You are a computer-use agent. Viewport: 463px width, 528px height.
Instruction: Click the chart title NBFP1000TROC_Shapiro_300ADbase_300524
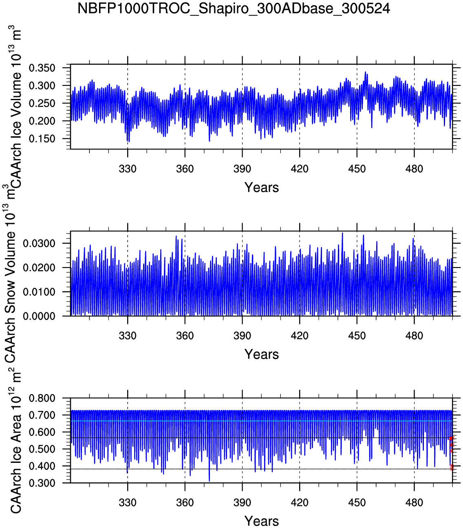pyautogui.click(x=234, y=9)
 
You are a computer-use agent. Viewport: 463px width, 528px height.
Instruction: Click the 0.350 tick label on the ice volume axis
pyautogui.click(x=42, y=68)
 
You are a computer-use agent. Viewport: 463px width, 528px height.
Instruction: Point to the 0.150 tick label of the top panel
pyautogui.click(x=42, y=139)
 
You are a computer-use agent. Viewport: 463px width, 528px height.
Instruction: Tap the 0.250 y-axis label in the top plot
pyautogui.click(x=42, y=103)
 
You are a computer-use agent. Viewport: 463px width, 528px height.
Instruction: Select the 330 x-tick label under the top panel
pyautogui.click(x=128, y=169)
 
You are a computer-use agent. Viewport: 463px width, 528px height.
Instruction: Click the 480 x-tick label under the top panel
pyautogui.click(x=414, y=169)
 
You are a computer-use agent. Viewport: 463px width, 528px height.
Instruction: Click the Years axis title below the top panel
pyautogui.click(x=262, y=188)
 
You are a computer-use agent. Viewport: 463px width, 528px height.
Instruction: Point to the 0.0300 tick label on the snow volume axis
pyautogui.click(x=39, y=243)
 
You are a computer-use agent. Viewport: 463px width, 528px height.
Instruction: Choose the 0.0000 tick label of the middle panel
pyautogui.click(x=39, y=316)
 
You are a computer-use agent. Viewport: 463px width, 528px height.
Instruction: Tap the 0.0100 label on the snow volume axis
pyautogui.click(x=39, y=292)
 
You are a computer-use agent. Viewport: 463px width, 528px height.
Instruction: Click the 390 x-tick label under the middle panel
pyautogui.click(x=242, y=336)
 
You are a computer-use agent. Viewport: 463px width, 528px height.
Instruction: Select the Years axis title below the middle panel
pyautogui.click(x=262, y=355)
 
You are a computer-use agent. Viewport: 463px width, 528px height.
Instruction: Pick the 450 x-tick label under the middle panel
pyautogui.click(x=357, y=336)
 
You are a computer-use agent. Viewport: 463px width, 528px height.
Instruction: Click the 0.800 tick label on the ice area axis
pyautogui.click(x=42, y=398)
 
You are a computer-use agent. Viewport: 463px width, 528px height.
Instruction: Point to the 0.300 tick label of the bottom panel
pyautogui.click(x=42, y=483)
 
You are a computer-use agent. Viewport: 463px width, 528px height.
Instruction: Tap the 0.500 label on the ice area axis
pyautogui.click(x=42, y=449)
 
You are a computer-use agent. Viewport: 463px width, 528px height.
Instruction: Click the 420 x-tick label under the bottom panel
pyautogui.click(x=300, y=503)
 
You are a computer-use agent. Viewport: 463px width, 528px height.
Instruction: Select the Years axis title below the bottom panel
pyautogui.click(x=262, y=521)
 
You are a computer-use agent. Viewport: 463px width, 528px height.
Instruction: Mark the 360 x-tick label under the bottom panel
pyautogui.click(x=185, y=503)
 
